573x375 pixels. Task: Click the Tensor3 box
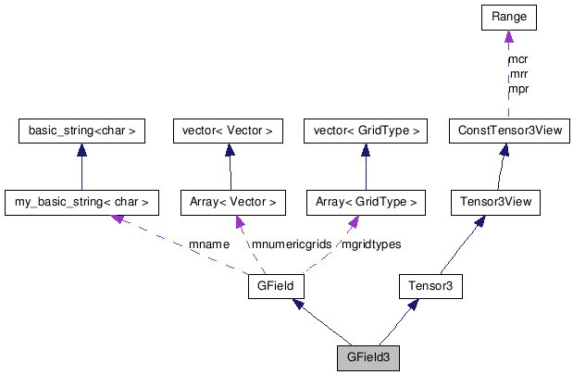pyautogui.click(x=430, y=286)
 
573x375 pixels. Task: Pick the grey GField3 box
pyautogui.click(x=368, y=358)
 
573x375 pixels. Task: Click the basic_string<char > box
pyautogui.click(x=82, y=131)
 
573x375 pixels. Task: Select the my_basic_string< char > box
pyautogui.click(x=81, y=200)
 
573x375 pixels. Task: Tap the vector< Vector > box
pyautogui.click(x=228, y=131)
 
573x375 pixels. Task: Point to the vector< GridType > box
pyautogui.click(x=365, y=131)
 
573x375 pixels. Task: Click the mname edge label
pyautogui.click(x=208, y=244)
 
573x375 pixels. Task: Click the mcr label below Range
pyautogui.click(x=518, y=59)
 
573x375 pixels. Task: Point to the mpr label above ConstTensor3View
pyautogui.click(x=518, y=89)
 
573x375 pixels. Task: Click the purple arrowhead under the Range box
pyautogui.click(x=509, y=37)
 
